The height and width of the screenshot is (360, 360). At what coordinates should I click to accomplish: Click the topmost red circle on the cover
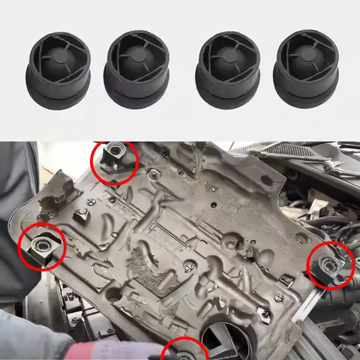114,162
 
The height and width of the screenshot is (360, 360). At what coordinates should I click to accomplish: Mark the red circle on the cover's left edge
42,246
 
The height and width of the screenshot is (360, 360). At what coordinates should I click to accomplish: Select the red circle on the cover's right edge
330,265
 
